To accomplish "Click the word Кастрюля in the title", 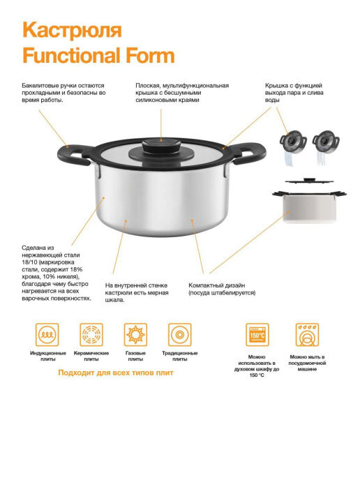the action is click(72, 30).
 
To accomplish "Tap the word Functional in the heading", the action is click(71, 55).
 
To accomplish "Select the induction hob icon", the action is click(47, 334).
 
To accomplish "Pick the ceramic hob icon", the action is click(91, 334).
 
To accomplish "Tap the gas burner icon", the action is click(135, 334).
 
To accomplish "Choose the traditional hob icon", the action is click(180, 334).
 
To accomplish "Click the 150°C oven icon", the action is click(257, 334).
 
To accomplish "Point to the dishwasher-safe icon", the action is click(307, 334).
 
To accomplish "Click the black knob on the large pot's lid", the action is click(161, 150).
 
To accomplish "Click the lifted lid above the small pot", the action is click(310, 181).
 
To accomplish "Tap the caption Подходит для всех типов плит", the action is click(116, 373).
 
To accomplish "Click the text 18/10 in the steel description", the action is click(30, 262).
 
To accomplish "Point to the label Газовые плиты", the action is click(135, 356).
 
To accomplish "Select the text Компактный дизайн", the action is click(217, 285).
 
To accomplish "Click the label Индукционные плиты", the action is click(47, 356).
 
